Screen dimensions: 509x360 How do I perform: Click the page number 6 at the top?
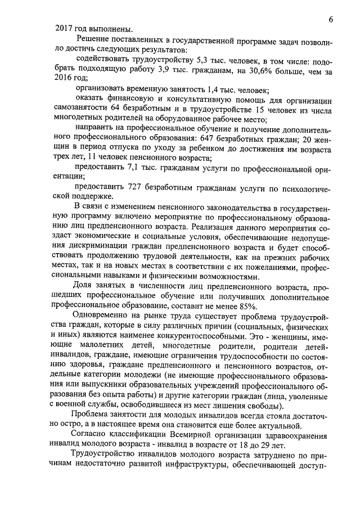pyautogui.click(x=331, y=19)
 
